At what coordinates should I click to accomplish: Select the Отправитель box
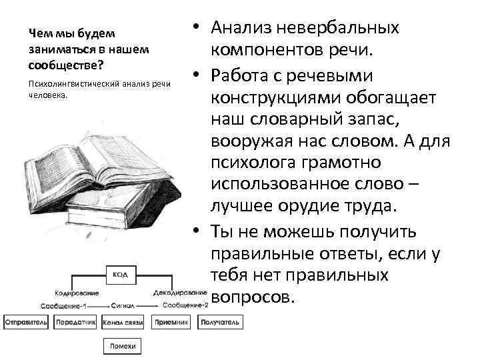(26, 322)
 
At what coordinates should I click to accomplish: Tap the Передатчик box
(73, 322)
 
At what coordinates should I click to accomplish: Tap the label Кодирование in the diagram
(78, 292)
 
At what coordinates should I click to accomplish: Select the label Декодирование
(179, 292)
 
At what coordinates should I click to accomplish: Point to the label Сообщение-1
(63, 305)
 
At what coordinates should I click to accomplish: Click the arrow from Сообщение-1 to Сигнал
(100, 305)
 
